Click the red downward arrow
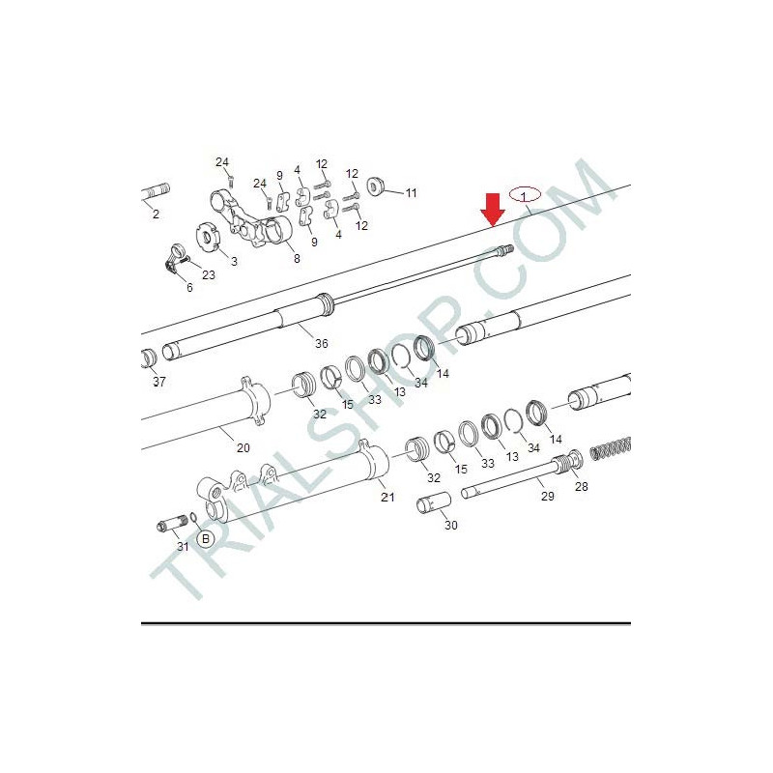493,210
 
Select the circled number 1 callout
525,196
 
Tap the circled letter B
206,539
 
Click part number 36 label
322,344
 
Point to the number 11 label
412,193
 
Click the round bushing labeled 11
376,187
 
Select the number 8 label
297,259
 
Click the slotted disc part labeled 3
208,237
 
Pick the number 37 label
159,382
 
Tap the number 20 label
243,448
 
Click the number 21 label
387,497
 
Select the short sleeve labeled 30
434,502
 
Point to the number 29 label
548,497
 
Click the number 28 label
582,487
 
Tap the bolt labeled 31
173,523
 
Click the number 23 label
209,275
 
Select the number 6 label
189,287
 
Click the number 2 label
156,215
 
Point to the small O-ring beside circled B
194,517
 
